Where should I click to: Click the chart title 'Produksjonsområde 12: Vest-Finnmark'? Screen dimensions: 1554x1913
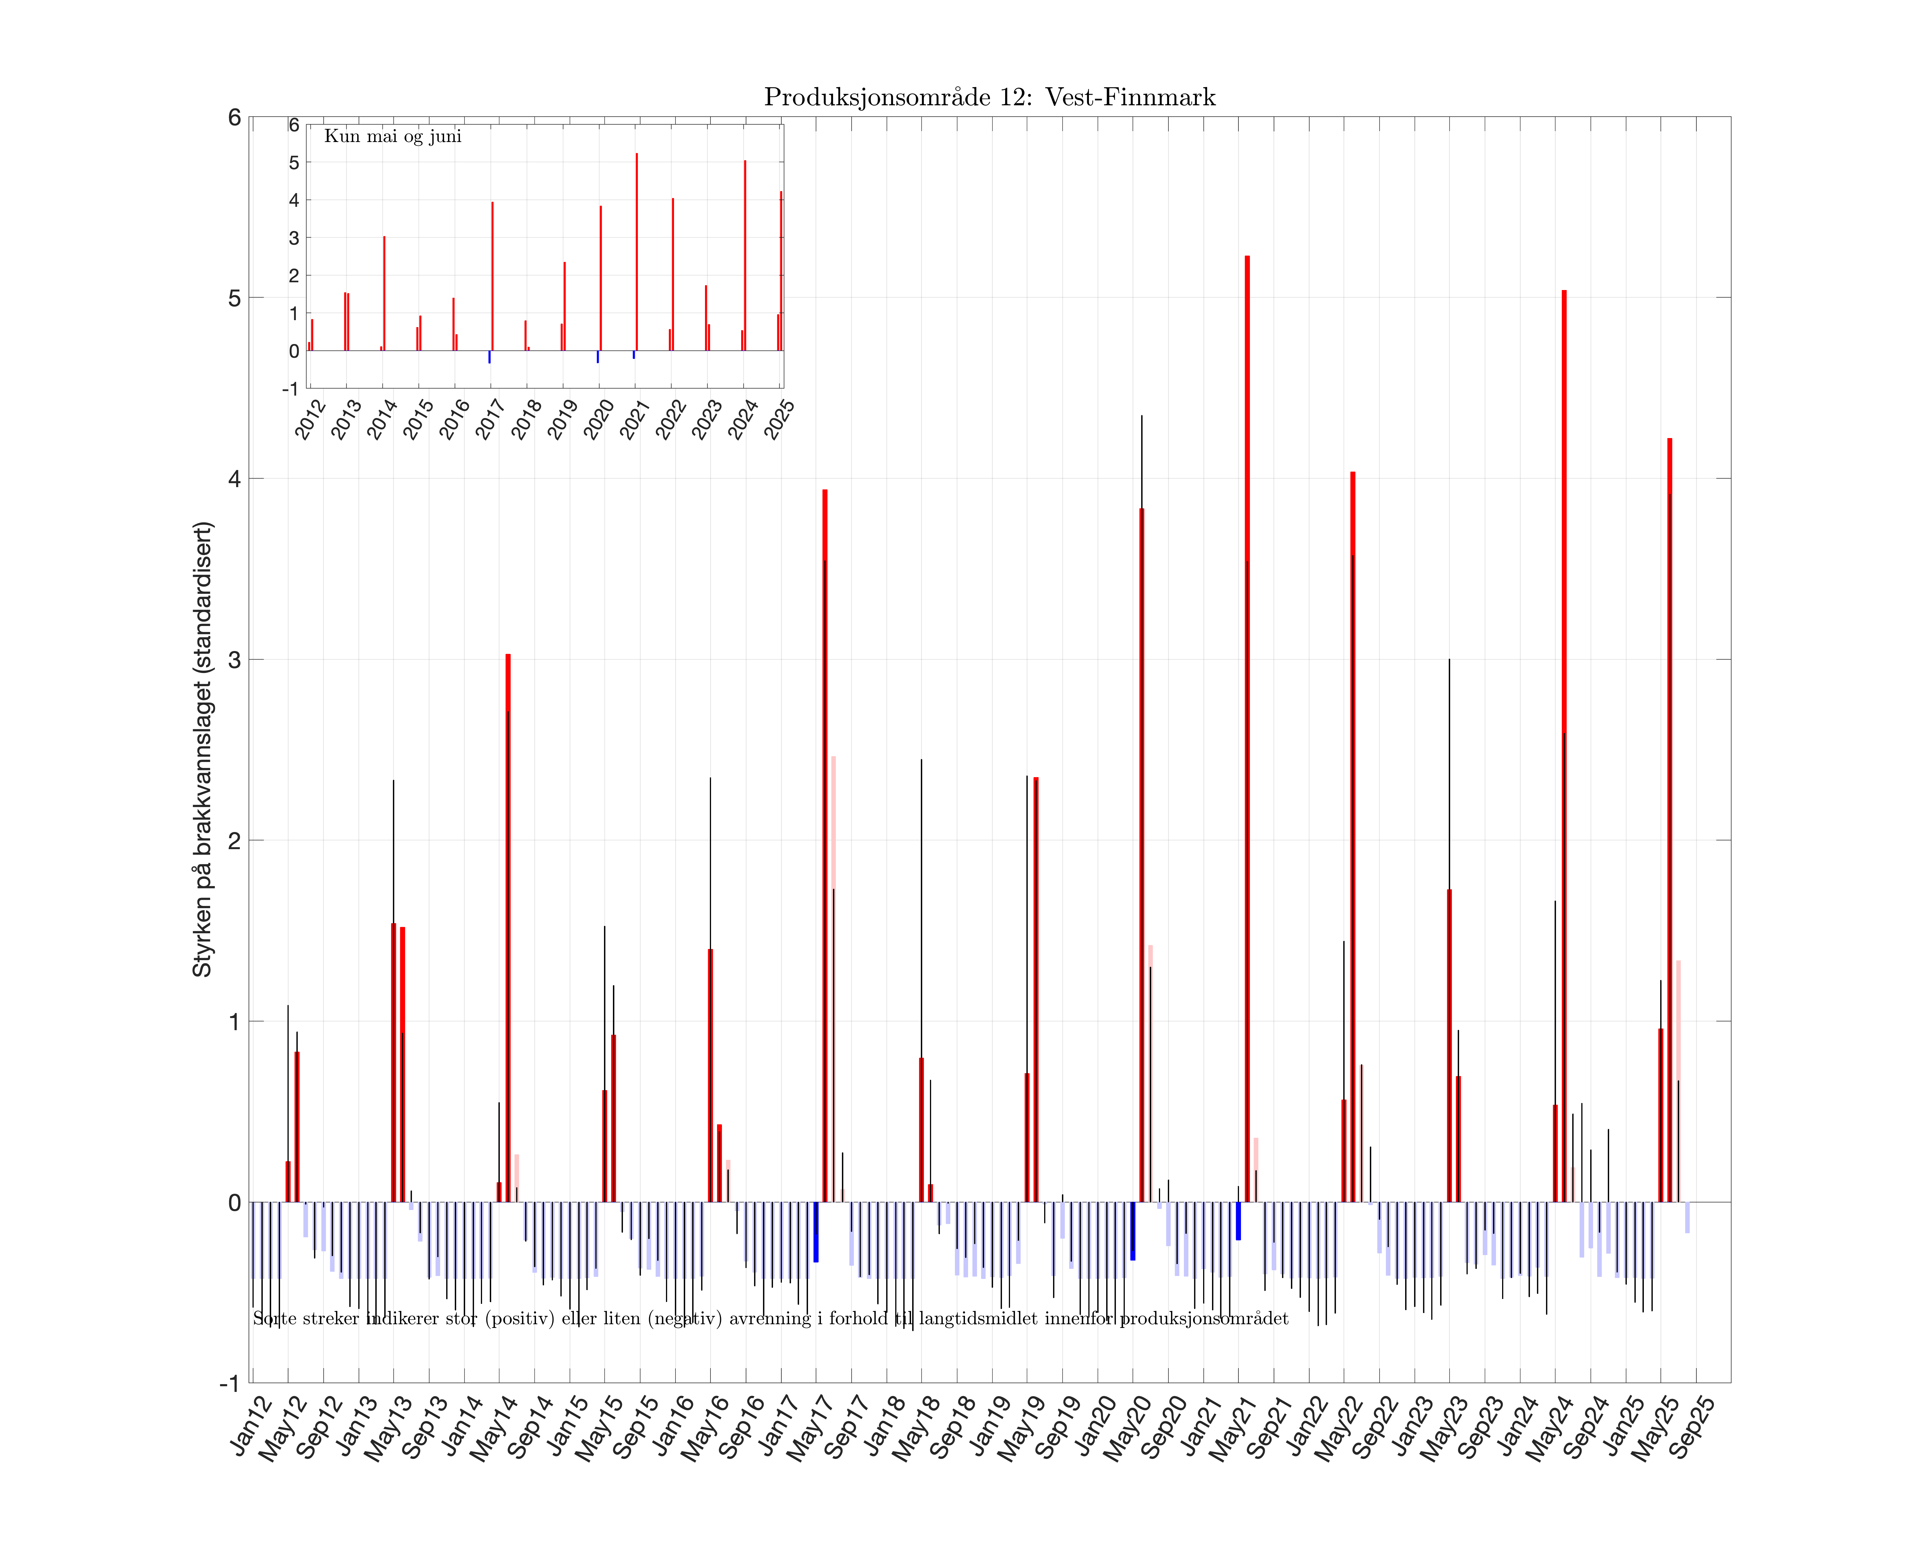989,97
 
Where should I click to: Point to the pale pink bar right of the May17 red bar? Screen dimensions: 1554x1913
834,976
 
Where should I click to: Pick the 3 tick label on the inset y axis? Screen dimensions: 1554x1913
294,238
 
